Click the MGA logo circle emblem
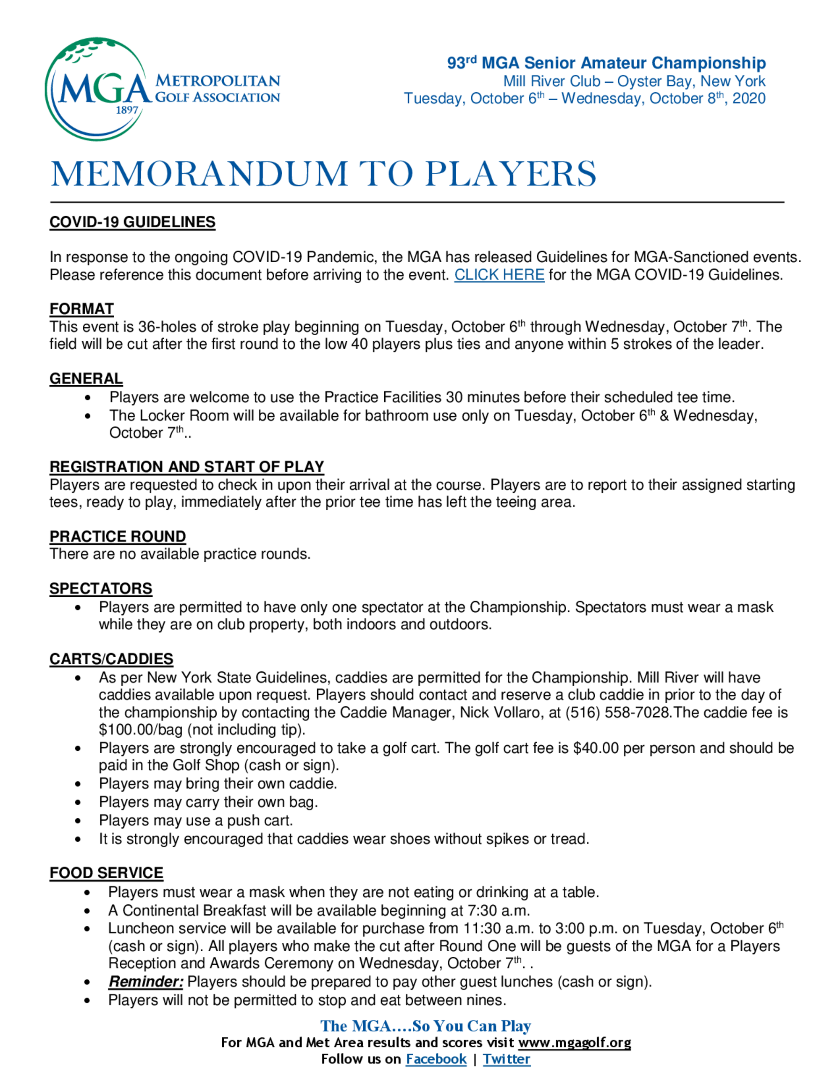(x=97, y=89)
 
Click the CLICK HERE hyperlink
(x=499, y=275)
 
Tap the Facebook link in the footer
(x=436, y=1059)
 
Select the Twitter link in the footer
(x=506, y=1059)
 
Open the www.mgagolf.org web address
(x=574, y=1042)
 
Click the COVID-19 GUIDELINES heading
(x=132, y=222)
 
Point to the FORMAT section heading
(x=81, y=309)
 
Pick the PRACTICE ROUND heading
(x=118, y=537)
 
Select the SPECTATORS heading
(x=100, y=589)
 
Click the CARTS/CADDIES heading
(x=111, y=659)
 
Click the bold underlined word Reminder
(x=146, y=982)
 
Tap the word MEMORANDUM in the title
(x=199, y=174)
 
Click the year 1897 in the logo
(x=126, y=110)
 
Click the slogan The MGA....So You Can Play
(x=425, y=1026)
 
